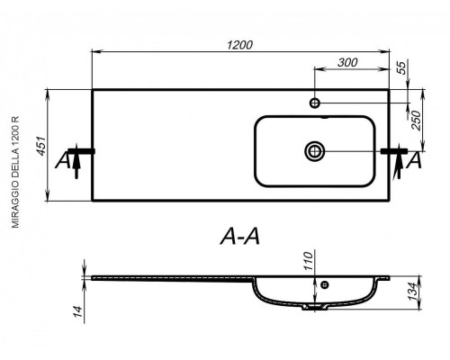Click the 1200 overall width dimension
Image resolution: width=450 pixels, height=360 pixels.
[239, 45]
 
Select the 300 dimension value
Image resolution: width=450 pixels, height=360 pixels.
[347, 62]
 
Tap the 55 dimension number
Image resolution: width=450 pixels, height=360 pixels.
[401, 67]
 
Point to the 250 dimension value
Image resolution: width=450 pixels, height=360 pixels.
[416, 121]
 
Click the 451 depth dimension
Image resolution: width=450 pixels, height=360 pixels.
[41, 146]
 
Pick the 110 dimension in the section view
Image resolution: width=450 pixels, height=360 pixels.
[308, 261]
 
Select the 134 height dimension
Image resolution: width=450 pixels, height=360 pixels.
[414, 292]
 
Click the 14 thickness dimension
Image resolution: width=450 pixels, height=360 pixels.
[77, 311]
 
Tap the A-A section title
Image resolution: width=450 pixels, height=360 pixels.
[240, 237]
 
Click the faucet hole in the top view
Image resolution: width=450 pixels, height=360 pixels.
[315, 103]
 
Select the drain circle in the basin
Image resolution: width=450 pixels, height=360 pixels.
[315, 151]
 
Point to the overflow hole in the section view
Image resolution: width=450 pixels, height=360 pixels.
[325, 284]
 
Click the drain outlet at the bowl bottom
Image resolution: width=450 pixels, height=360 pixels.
[315, 307]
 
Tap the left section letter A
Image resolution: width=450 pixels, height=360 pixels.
[63, 160]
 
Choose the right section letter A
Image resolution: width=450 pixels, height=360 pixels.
[414, 160]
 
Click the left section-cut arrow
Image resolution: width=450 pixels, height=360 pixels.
[76, 161]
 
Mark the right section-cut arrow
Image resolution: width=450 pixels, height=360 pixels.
[399, 161]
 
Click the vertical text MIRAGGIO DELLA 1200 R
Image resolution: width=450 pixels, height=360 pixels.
[15, 172]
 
